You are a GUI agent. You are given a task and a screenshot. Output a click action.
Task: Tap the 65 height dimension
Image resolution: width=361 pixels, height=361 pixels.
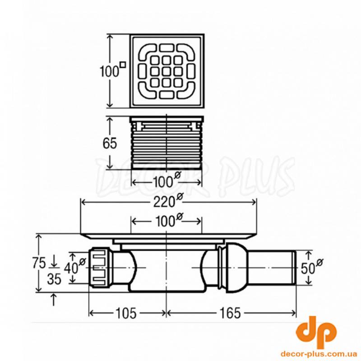pos(110,143)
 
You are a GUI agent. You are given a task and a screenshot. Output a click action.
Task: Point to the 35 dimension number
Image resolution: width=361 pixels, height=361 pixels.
pos(54,279)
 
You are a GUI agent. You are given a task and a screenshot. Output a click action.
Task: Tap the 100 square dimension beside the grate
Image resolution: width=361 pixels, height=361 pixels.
pos(111,71)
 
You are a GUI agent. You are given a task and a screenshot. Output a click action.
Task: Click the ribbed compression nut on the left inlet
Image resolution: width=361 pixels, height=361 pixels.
pos(100,267)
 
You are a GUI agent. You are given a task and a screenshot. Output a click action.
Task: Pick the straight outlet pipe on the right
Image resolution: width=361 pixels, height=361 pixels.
pos(271,267)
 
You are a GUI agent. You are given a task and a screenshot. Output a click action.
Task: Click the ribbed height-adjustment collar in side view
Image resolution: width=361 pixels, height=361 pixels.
pos(167,143)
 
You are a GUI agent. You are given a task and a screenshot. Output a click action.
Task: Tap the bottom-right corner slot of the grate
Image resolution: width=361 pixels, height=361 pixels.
pos(186,90)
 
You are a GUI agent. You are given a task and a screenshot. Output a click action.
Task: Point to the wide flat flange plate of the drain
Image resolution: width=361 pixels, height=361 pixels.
pos(168,235)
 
